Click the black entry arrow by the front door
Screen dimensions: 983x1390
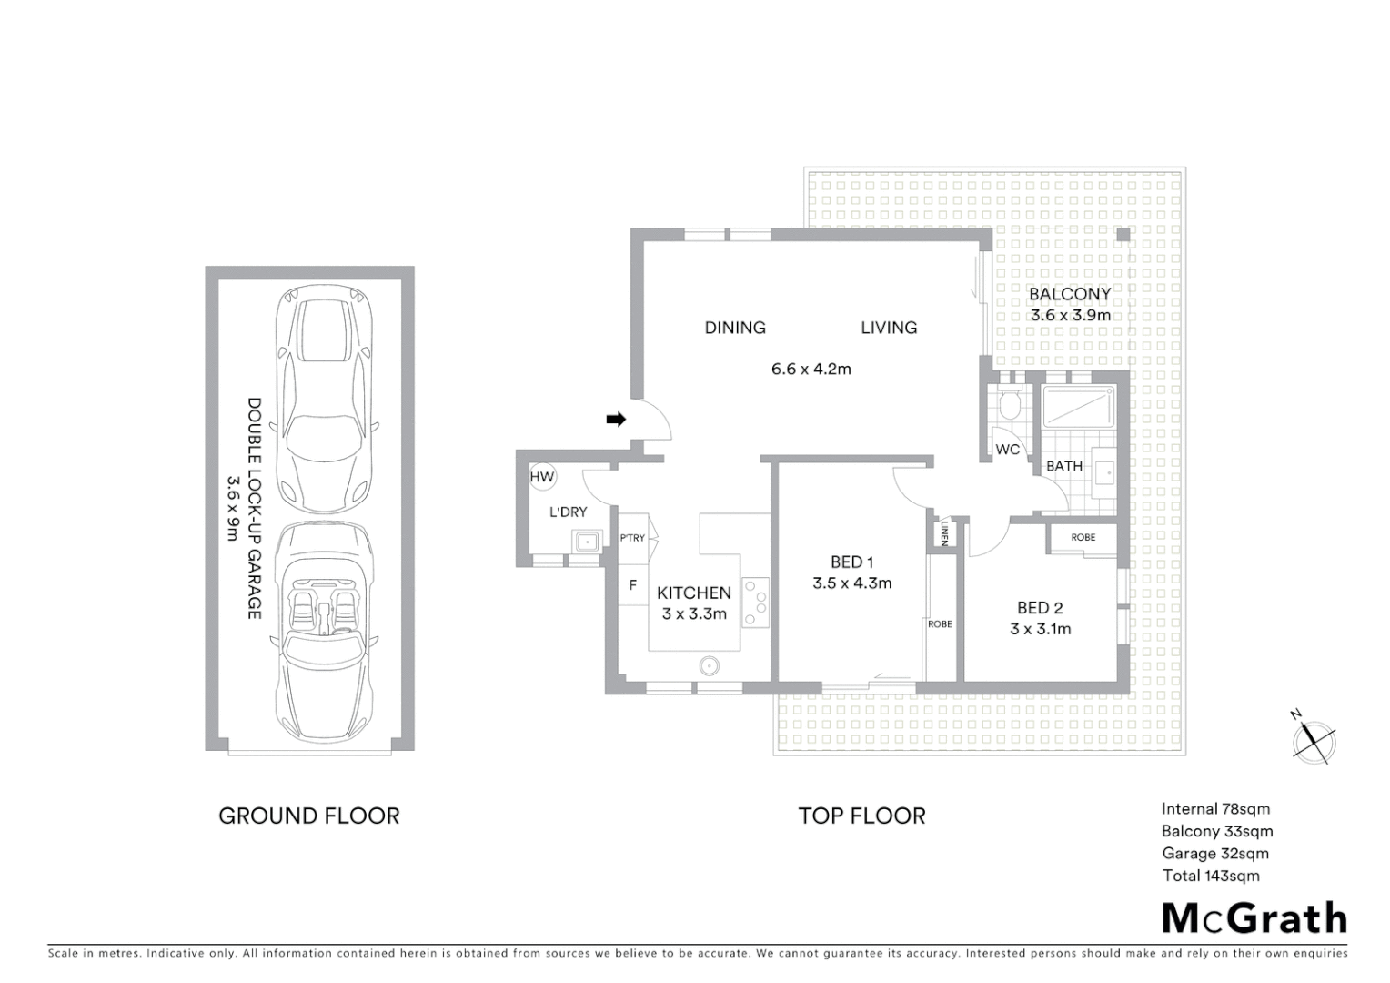point(617,420)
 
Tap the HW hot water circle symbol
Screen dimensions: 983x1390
point(542,477)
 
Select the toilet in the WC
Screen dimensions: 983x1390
point(1008,406)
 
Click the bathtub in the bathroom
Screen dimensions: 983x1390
point(1078,407)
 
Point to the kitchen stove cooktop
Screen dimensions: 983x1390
point(755,603)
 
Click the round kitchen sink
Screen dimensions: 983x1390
point(710,666)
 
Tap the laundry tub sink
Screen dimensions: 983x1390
point(586,543)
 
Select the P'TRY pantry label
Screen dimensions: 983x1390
point(632,538)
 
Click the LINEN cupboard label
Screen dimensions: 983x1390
point(945,532)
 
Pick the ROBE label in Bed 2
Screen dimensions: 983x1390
point(1083,537)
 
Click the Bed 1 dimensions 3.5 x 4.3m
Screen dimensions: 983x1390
point(851,583)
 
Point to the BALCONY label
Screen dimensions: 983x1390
point(1069,294)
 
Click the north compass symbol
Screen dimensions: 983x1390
point(1313,738)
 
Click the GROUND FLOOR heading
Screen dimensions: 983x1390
point(308,816)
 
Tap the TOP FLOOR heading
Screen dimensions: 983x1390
point(861,816)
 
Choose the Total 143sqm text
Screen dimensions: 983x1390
point(1211,876)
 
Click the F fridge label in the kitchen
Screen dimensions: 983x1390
point(633,585)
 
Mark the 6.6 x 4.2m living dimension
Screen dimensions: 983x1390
point(811,369)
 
